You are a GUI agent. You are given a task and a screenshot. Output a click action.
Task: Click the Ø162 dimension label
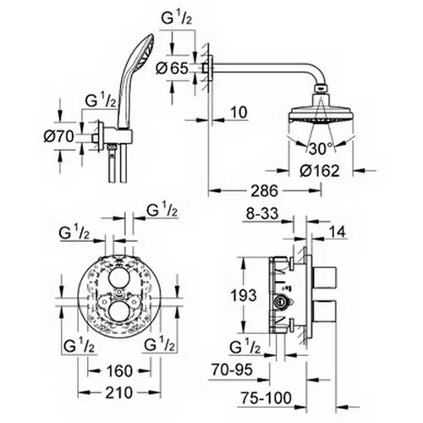319,171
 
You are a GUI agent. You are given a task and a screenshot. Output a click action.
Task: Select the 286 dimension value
265,191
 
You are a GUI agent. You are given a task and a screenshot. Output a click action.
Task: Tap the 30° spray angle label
321,148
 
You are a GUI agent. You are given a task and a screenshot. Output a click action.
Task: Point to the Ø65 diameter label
173,68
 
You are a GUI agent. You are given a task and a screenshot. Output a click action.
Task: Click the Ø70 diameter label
58,136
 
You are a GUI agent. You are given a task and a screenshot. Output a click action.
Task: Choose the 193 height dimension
244,295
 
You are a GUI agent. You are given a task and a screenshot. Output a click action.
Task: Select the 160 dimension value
119,371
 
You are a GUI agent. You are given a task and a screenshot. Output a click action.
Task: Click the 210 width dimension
118,393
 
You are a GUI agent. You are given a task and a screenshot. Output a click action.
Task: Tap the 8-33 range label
262,213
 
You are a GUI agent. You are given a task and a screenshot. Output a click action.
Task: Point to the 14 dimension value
337,232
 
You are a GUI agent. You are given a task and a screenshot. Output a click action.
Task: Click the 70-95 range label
232,370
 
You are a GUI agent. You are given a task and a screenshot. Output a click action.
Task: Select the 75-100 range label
266,398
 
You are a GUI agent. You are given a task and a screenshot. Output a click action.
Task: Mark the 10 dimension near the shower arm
239,113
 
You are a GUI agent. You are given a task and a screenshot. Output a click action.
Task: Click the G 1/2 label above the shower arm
177,19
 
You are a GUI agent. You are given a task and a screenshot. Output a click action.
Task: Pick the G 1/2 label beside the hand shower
101,101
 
